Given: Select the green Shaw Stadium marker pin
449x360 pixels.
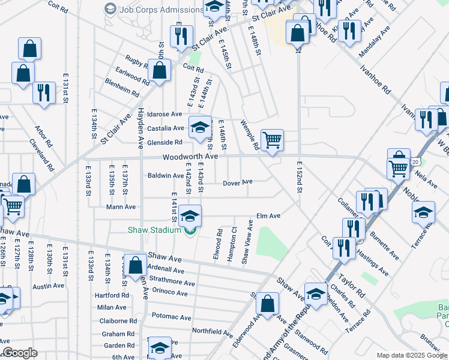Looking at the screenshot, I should [x=191, y=231].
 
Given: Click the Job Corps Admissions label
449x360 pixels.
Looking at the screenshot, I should [x=161, y=10].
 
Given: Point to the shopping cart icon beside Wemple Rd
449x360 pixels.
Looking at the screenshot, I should [x=272, y=141].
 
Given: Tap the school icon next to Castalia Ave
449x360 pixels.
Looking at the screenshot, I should [x=200, y=127].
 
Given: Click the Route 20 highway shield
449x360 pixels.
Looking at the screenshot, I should [x=415, y=162].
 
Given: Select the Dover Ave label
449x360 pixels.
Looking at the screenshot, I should [x=238, y=182].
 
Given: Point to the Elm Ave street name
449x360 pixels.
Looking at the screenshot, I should [x=268, y=216].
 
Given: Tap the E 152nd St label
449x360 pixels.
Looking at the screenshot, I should [x=298, y=177].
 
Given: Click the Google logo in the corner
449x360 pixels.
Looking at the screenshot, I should [x=20, y=353].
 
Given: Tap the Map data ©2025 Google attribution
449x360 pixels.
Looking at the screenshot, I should [x=411, y=355].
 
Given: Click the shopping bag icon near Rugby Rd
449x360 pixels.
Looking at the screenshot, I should [x=159, y=71].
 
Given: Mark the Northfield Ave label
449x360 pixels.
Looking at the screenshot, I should [x=212, y=331].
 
